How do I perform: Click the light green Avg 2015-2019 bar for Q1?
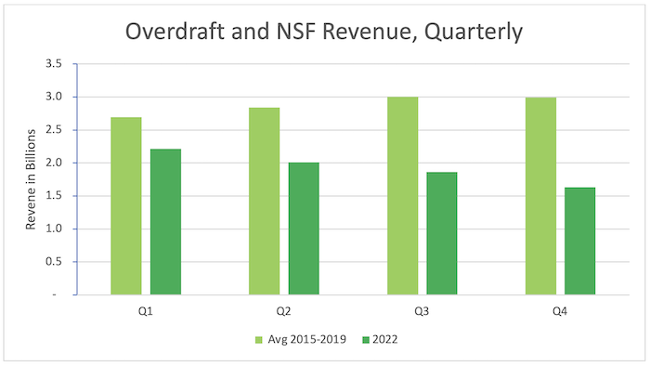pyautogui.click(x=125, y=206)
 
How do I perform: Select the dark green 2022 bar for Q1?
pyautogui.click(x=165, y=222)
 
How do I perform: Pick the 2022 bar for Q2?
pyautogui.click(x=304, y=229)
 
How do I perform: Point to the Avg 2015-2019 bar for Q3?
pyautogui.click(x=402, y=196)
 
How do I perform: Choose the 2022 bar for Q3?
pyautogui.click(x=442, y=233)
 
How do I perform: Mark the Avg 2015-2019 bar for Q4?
pyautogui.click(x=540, y=196)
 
